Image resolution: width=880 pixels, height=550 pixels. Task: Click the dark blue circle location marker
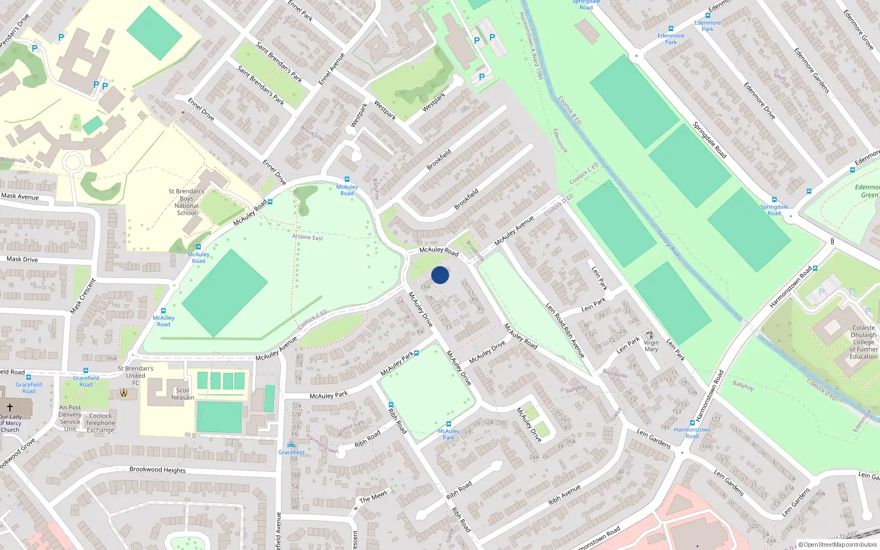click(x=440, y=275)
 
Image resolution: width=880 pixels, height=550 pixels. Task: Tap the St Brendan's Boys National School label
click(x=186, y=202)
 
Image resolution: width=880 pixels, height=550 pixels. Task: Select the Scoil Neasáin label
click(x=183, y=394)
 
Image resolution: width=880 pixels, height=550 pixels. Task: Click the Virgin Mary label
click(x=651, y=345)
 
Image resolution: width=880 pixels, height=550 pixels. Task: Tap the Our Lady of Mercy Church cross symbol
click(x=10, y=408)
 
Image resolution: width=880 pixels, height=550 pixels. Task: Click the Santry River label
click(x=669, y=245)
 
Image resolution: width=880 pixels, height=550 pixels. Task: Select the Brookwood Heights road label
click(x=157, y=470)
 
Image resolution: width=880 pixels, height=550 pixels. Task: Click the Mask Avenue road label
click(x=20, y=196)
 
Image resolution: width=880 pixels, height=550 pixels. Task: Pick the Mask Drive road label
click(x=22, y=259)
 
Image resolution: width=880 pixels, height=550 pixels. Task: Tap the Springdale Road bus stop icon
click(x=774, y=200)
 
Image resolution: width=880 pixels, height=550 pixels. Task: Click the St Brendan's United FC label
click(x=135, y=375)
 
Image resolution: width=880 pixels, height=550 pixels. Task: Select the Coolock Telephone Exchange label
click(x=100, y=423)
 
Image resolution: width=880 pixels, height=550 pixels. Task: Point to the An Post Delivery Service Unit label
click(x=70, y=418)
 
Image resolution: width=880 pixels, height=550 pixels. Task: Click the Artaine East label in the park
click(x=307, y=237)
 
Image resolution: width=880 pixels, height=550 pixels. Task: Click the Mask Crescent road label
click(x=83, y=296)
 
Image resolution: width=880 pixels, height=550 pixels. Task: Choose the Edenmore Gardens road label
click(x=811, y=70)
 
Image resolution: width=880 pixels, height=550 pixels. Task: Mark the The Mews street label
click(x=373, y=497)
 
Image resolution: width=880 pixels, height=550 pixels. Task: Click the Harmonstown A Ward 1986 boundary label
click(x=531, y=46)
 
